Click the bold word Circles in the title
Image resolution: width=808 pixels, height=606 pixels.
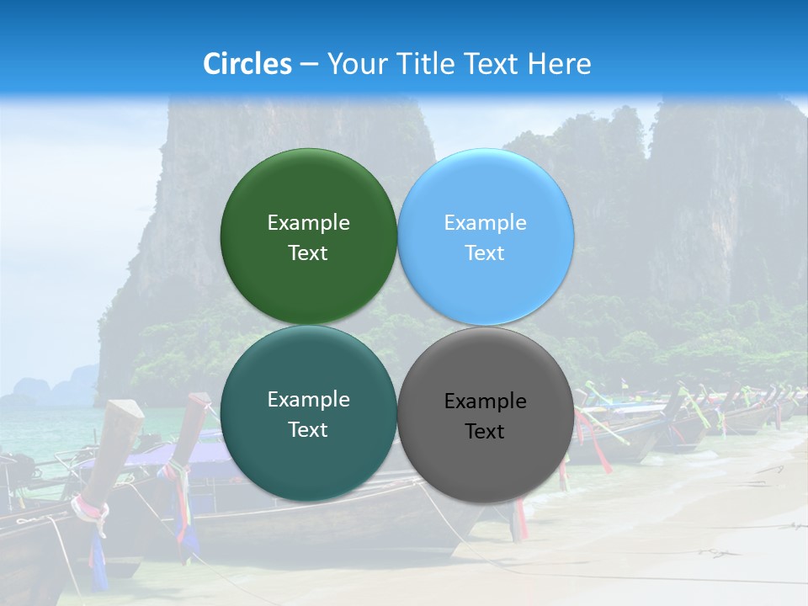(247, 64)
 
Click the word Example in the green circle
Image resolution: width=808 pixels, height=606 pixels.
(308, 222)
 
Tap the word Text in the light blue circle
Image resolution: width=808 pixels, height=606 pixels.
(485, 253)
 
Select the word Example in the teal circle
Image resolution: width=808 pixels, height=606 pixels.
(308, 399)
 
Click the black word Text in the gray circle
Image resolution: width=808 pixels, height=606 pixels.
(485, 432)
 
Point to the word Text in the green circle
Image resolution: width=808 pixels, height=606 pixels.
(308, 253)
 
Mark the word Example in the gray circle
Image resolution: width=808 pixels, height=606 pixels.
(485, 401)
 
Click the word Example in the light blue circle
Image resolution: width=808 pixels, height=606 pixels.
(485, 222)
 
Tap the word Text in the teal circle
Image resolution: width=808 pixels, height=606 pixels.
(308, 430)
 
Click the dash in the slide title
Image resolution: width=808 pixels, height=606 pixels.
(309, 65)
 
